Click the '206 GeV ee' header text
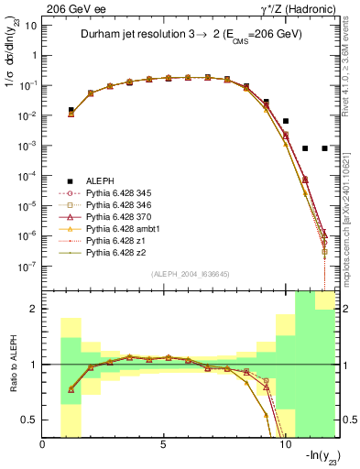[71, 7]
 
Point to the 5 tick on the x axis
[163, 445]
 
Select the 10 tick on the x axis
[283, 445]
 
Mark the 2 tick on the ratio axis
[36, 309]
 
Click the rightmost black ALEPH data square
[325, 147]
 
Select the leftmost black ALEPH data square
[71, 110]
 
